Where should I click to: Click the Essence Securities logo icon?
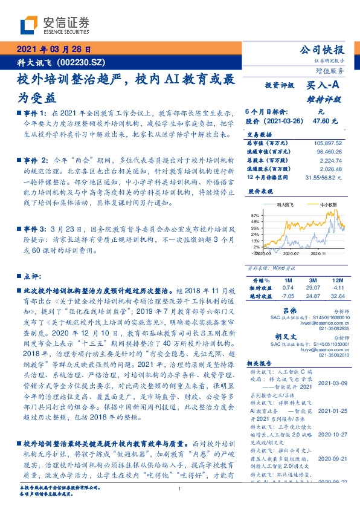tap(31, 24)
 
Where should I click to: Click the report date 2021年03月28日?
tap(53, 50)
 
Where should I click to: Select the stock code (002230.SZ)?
tap(85, 62)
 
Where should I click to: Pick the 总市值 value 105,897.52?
tap(329, 143)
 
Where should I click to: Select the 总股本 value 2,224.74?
tap(333, 161)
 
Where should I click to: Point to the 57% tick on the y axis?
tap(254, 215)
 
